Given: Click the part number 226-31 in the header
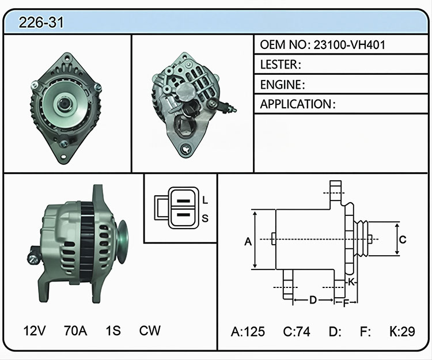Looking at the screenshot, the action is tap(41, 22).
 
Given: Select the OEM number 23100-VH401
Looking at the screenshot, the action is tap(350, 44).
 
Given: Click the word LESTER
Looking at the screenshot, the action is tap(279, 65).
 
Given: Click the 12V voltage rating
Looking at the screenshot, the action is tap(34, 331).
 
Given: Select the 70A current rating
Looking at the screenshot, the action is tap(75, 331).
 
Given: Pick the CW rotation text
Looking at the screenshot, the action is tap(150, 331).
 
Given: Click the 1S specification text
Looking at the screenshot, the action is tap(113, 331).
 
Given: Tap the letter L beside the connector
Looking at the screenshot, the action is tap(205, 200).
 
